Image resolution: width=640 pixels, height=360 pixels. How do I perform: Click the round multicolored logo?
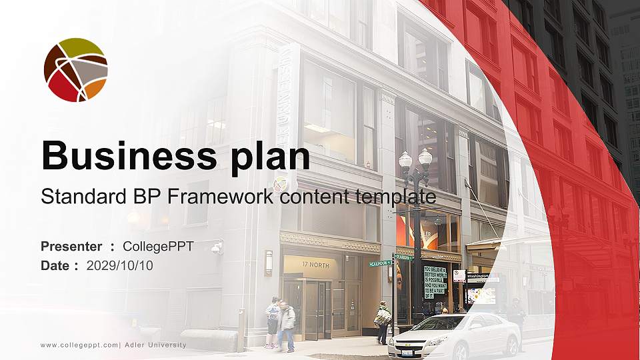point(75,70)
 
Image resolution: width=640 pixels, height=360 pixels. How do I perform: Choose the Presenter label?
point(71,246)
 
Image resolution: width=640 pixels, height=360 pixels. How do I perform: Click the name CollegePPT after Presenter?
point(158,246)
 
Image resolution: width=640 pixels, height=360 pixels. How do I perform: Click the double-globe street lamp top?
point(415,160)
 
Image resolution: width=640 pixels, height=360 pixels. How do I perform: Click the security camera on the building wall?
point(217,248)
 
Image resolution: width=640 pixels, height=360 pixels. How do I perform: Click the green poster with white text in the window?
point(435,281)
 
